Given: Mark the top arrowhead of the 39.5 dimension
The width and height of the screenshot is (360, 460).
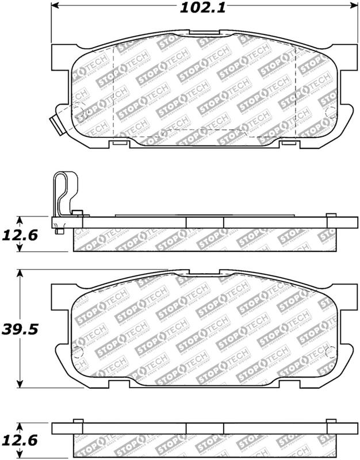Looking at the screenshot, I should coord(20,273).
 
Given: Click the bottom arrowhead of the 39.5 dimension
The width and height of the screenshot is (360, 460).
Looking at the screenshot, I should coord(20,385).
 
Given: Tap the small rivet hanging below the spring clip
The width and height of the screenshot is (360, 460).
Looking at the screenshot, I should coord(60,232).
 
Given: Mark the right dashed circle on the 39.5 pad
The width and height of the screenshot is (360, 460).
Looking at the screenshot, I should coord(330,352).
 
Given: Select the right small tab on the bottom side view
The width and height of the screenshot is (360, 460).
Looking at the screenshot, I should coord(331,421).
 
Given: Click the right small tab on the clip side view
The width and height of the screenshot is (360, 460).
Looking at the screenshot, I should coord(331,216).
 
